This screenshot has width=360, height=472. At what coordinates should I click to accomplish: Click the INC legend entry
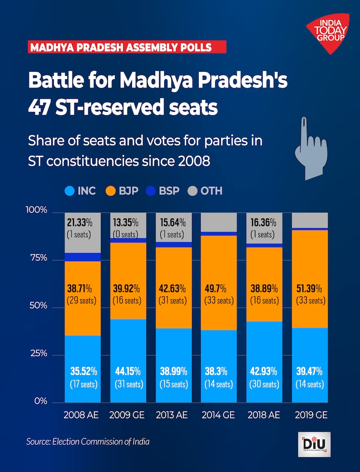coord(80,191)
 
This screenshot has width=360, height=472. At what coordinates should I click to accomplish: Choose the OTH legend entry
coord(205,191)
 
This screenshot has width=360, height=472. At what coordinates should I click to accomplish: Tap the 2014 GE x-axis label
coord(218,415)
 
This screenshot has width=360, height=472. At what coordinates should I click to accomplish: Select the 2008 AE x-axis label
coord(81,415)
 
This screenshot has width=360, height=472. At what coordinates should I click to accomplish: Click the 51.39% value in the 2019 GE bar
coord(310,289)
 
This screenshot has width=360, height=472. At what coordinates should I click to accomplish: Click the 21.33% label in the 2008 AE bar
coord(82,222)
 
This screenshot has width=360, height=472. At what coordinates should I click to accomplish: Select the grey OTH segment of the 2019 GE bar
coord(310,219)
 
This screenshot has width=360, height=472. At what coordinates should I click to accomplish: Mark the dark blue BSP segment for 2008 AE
coord(83,257)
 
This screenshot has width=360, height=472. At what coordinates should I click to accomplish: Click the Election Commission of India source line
coord(88,441)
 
